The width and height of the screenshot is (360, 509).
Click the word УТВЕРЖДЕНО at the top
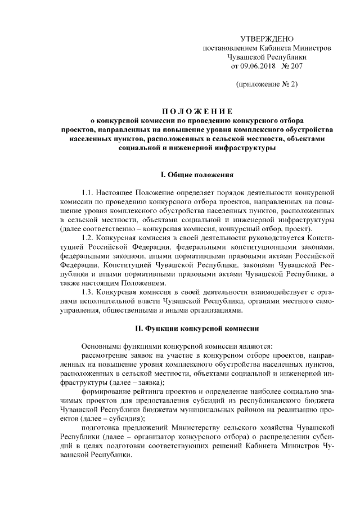267,39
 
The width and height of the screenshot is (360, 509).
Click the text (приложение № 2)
267,85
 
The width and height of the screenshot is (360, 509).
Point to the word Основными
102,345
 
